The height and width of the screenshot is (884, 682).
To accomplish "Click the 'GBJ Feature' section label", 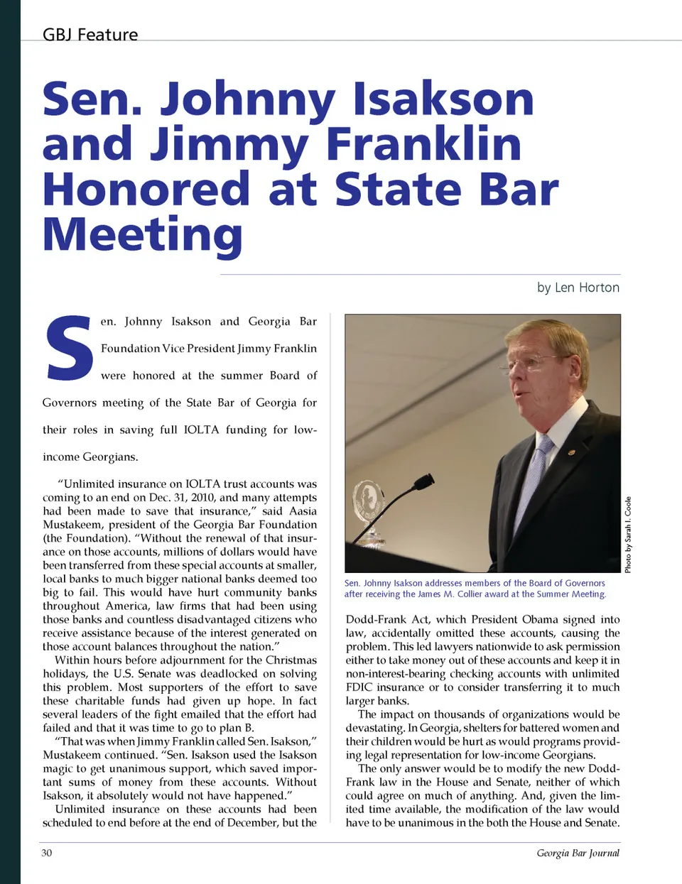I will coord(90,35).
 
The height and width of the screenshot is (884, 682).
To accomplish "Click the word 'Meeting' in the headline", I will coord(142,234).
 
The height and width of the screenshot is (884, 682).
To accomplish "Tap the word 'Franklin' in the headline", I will coord(423,144).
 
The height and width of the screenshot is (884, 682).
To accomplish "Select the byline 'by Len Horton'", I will coord(578,288).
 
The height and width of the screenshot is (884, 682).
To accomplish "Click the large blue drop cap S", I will coord(69,348).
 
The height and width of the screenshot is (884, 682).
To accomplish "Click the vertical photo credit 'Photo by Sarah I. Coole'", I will coord(628,534).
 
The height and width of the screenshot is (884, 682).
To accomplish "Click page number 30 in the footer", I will coord(47,853).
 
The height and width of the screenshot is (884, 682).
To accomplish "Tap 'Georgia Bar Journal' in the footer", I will coord(578,853).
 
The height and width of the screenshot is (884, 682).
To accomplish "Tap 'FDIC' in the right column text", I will coord(361,687).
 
